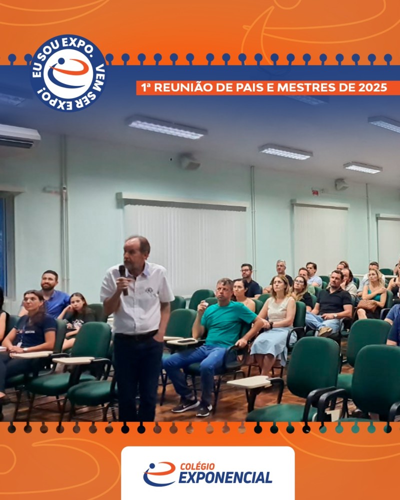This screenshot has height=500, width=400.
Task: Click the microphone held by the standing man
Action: [x=123, y=279]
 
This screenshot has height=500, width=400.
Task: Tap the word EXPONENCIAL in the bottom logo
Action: [x=225, y=477]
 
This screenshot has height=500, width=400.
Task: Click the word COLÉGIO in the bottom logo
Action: [x=197, y=466]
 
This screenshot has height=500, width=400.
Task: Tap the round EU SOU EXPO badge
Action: [x=68, y=73]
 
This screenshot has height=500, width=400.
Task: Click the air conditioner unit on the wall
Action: [x=18, y=135]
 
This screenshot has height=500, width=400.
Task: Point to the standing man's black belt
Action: [x=136, y=335]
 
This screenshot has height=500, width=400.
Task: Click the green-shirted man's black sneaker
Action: [x=185, y=405]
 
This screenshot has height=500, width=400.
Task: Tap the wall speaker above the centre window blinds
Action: [x=189, y=162]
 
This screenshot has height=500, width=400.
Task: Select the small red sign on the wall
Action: [x=315, y=192]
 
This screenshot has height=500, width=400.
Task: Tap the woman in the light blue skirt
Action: [x=275, y=322]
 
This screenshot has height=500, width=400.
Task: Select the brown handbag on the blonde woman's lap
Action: [x=367, y=305]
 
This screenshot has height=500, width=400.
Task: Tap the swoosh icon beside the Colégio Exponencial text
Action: [x=159, y=474]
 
